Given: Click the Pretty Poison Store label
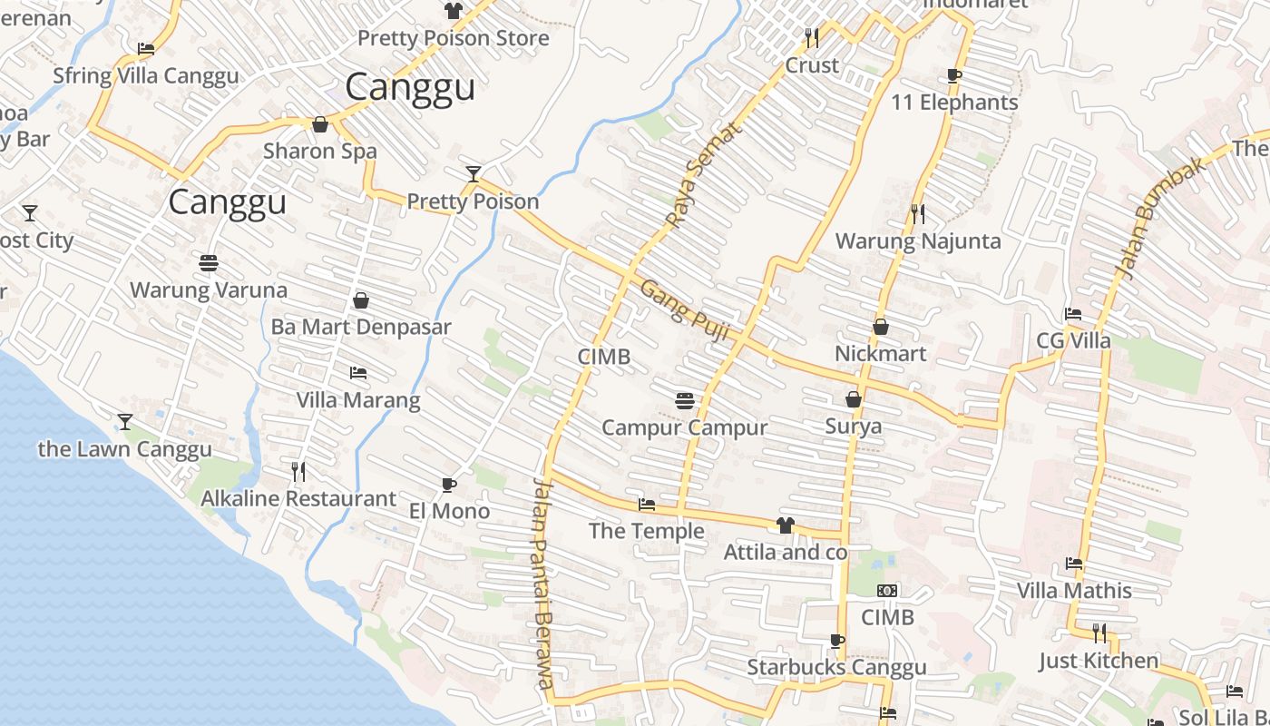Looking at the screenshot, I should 453,38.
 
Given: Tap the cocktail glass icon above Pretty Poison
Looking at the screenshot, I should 473,173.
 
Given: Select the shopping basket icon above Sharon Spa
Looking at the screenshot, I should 319,124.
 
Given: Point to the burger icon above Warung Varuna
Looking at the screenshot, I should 209,263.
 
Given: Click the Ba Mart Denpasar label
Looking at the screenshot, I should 361,327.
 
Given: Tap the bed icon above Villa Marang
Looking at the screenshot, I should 358,373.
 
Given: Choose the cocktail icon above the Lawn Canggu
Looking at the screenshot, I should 125,421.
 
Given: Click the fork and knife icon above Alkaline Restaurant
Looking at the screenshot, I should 298,471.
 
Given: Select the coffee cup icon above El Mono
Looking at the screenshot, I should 448,485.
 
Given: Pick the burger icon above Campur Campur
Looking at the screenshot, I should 685,400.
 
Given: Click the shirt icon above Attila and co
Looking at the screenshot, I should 786,525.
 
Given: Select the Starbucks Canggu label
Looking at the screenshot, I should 836,668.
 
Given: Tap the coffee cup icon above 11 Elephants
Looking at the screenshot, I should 953,75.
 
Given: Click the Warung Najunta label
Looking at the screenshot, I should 918,241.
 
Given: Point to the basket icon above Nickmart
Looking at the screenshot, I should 880,327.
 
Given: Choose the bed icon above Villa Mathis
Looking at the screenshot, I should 1074,564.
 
